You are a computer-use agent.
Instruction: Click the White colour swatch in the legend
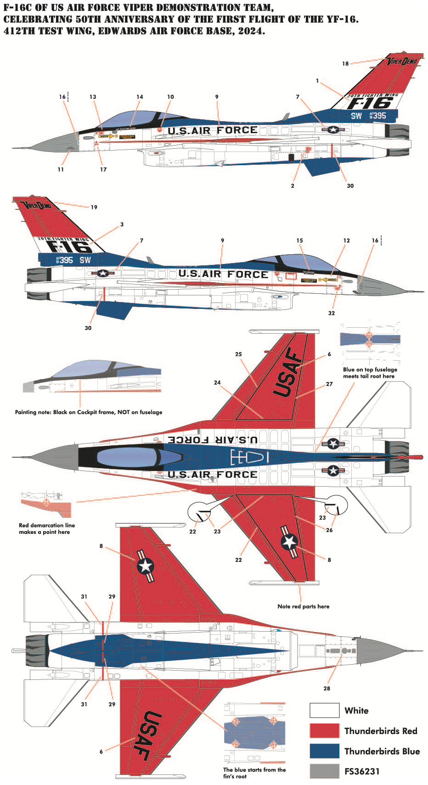[x=324, y=710]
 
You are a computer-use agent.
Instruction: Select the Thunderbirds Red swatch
[x=324, y=730]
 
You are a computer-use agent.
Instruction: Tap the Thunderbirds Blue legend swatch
[x=324, y=751]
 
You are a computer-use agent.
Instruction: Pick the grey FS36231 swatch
[x=324, y=771]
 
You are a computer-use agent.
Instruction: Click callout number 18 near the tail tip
[x=345, y=64]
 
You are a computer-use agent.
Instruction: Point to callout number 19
[x=94, y=207]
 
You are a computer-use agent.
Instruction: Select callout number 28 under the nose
[x=327, y=688]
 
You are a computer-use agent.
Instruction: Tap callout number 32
[x=332, y=313]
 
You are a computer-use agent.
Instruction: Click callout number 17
[x=103, y=169]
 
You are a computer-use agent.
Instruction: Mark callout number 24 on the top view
[x=217, y=382]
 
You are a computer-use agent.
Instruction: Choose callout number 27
[x=329, y=384]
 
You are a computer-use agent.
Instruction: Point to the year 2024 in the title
[x=251, y=32]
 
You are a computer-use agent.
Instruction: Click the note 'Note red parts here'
[x=303, y=606]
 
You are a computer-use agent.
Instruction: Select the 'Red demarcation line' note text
[x=46, y=528]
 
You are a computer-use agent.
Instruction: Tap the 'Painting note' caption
[x=88, y=412]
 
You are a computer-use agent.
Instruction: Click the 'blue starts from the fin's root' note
[x=254, y=773]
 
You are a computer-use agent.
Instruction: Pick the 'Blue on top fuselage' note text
[x=370, y=372]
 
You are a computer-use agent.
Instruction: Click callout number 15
[x=299, y=241]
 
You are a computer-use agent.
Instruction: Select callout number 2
[x=293, y=186]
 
